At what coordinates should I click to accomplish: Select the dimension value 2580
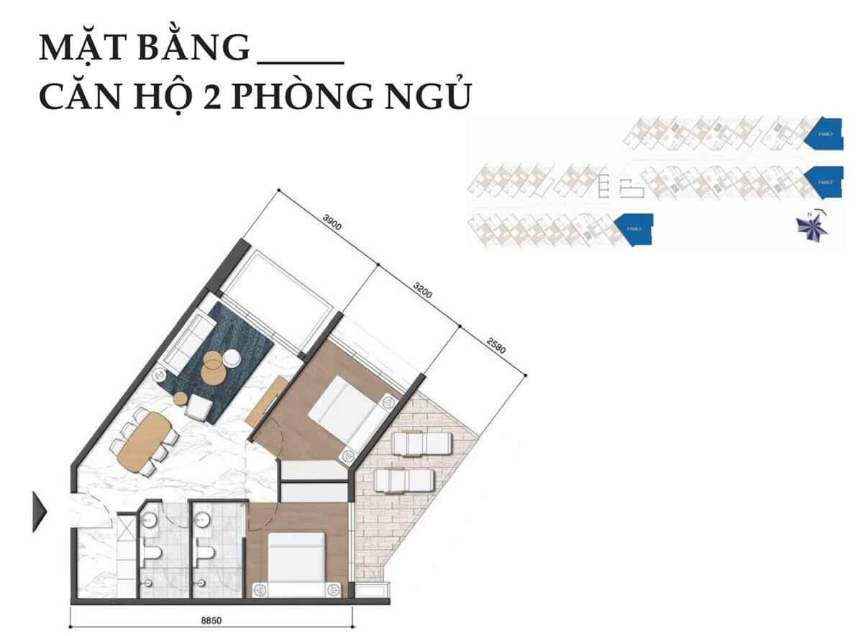(497, 346)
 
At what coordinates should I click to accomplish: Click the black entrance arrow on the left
(40, 511)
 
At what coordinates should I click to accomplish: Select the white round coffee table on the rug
(232, 358)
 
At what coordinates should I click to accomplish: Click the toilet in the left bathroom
(152, 555)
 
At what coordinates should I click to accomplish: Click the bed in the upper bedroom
(345, 414)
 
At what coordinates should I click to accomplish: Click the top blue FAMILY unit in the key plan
(823, 133)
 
